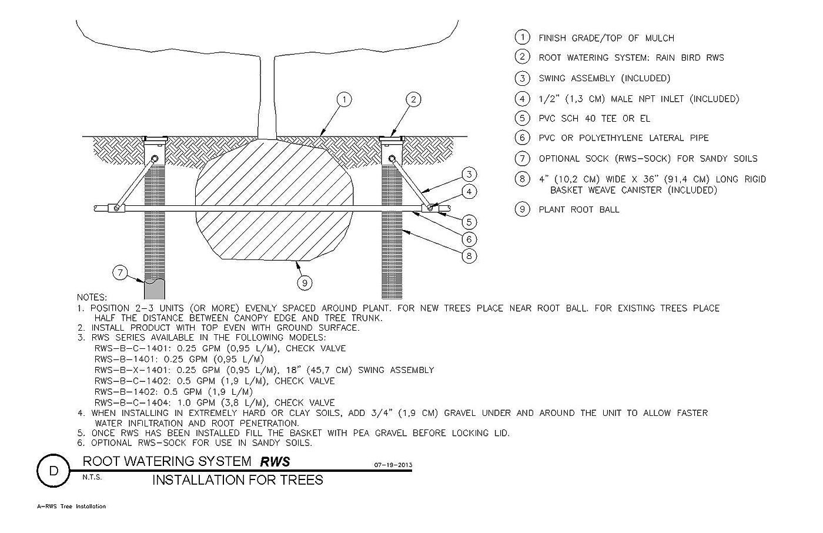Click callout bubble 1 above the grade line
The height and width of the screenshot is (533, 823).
pos(344,99)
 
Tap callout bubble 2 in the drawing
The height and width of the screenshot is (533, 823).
pos(413,99)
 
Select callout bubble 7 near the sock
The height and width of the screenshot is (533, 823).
pos(120,273)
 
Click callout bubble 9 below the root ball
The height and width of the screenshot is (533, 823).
pos(305,283)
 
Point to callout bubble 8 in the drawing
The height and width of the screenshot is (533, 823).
pos(469,256)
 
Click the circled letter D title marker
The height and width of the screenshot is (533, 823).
pos(53,471)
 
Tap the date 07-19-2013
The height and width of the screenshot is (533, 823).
pos(393,465)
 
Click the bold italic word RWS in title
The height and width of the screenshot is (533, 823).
pos(275,462)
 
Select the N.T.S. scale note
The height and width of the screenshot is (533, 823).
pos(92,478)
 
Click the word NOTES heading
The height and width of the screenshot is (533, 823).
pos(92,297)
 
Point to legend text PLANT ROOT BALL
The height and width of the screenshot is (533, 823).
pos(579,209)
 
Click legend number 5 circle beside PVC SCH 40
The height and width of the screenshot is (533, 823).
pos(522,118)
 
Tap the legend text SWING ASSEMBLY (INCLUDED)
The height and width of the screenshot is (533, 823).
pos(604,78)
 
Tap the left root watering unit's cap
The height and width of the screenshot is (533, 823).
pos(155,139)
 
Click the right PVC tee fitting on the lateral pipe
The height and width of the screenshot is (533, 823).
pos(430,208)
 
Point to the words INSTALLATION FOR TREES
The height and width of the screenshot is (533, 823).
pos(237,480)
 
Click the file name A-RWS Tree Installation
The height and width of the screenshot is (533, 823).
pos(71,507)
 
